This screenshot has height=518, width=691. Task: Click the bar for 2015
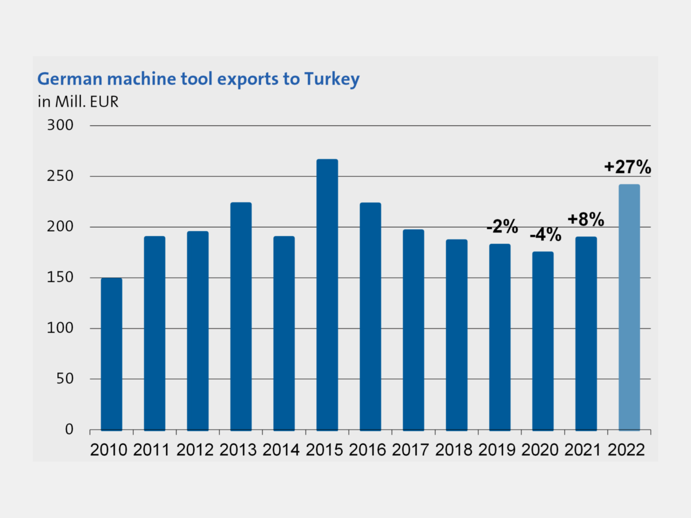(327, 295)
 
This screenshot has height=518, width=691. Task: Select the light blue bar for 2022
(629, 308)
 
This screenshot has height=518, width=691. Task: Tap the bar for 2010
(112, 354)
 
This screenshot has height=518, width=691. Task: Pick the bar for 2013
(241, 316)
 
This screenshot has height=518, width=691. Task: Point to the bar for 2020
(543, 341)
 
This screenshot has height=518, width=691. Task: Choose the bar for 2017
(414, 330)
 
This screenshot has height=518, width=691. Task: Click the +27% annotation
(627, 167)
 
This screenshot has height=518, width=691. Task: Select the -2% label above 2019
(502, 227)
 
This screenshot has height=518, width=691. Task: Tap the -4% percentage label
(545, 235)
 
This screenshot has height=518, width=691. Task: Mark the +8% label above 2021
(586, 220)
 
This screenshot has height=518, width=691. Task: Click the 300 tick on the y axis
(60, 125)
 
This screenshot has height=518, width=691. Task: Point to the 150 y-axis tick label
(60, 277)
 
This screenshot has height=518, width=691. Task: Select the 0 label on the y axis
(69, 430)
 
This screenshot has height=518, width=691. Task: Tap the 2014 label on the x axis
(281, 449)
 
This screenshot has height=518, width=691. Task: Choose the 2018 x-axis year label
(453, 449)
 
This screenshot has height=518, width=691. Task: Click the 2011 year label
(151, 449)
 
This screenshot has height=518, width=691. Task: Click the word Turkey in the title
(331, 79)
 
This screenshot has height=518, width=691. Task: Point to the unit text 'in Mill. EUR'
(78, 102)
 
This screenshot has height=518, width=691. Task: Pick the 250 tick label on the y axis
(60, 176)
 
